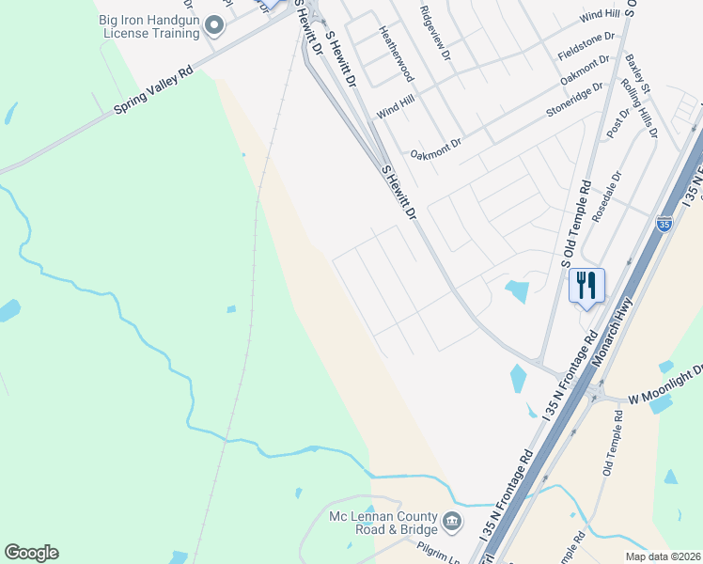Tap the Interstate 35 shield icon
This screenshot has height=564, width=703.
(x=664, y=224)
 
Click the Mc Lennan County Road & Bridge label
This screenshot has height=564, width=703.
(x=383, y=524)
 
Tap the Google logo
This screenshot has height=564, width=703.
(x=31, y=553)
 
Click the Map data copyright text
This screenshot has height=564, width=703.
(x=662, y=556)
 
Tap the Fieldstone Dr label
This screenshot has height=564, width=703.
(x=586, y=43)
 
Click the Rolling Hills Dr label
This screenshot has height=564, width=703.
(x=641, y=108)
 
